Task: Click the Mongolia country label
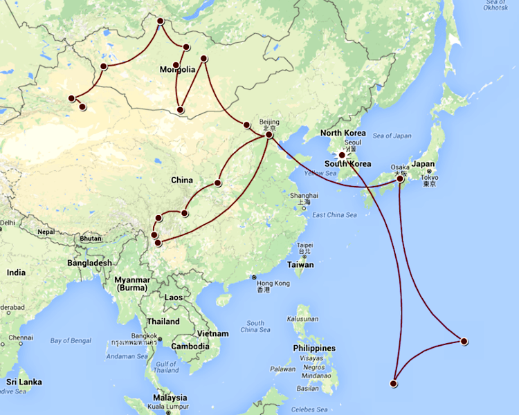pos(177,70)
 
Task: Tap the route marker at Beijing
pos(269,134)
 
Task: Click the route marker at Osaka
pos(400,178)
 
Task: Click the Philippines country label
pos(313,348)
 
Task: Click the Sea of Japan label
pos(392,136)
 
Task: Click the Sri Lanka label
pos(24,382)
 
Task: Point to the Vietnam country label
pos(212,333)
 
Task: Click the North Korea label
pos(343,133)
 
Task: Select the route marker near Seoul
pos(341,155)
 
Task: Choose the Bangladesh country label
pos(89,263)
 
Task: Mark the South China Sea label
pos(255,327)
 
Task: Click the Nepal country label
pos(46,232)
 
